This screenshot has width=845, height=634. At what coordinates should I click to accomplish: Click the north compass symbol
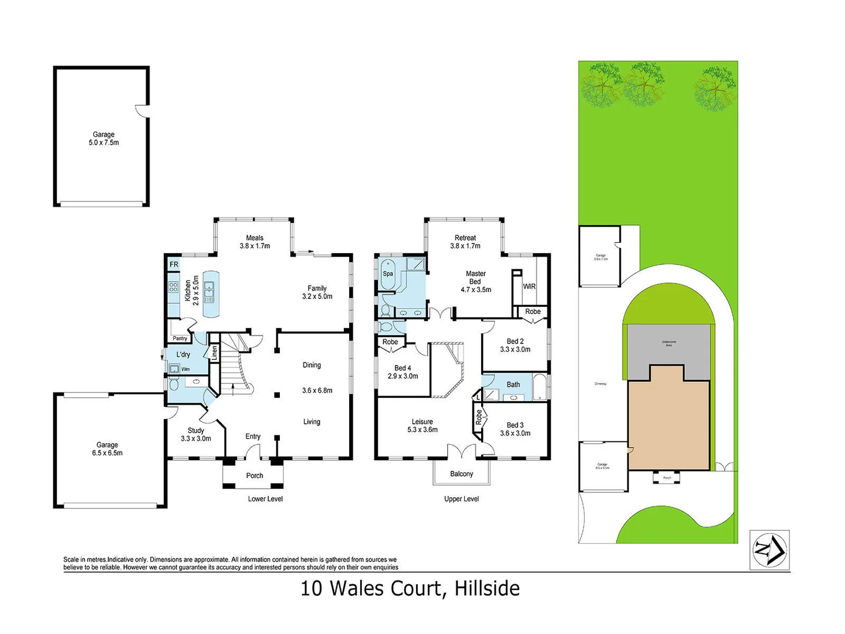click(769, 550)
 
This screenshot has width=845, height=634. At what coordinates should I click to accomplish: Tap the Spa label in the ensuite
click(388, 274)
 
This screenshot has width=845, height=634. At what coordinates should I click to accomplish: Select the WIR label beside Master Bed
click(529, 286)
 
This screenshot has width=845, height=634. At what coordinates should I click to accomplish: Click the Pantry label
click(180, 339)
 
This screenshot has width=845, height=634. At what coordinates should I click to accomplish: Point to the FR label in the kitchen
click(174, 265)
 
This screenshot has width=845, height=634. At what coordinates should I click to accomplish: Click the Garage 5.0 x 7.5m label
click(104, 139)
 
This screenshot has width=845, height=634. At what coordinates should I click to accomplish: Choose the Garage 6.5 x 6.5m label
click(107, 449)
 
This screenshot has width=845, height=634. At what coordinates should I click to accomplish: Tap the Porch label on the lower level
click(255, 475)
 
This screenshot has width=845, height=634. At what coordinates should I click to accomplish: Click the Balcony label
click(461, 474)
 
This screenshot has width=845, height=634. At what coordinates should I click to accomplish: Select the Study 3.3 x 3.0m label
click(196, 434)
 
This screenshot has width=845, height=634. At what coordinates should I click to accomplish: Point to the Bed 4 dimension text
click(403, 376)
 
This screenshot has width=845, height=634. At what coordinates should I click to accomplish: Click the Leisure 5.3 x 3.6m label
click(422, 426)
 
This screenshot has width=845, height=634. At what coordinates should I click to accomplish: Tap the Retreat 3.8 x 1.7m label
click(465, 242)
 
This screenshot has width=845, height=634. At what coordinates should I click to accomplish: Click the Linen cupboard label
click(214, 353)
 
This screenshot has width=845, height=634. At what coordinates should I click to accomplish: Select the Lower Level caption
click(265, 499)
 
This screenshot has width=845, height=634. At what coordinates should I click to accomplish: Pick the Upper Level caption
click(461, 499)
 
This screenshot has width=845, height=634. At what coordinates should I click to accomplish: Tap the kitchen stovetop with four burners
click(174, 287)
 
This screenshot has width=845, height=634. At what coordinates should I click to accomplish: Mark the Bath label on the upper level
click(513, 385)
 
